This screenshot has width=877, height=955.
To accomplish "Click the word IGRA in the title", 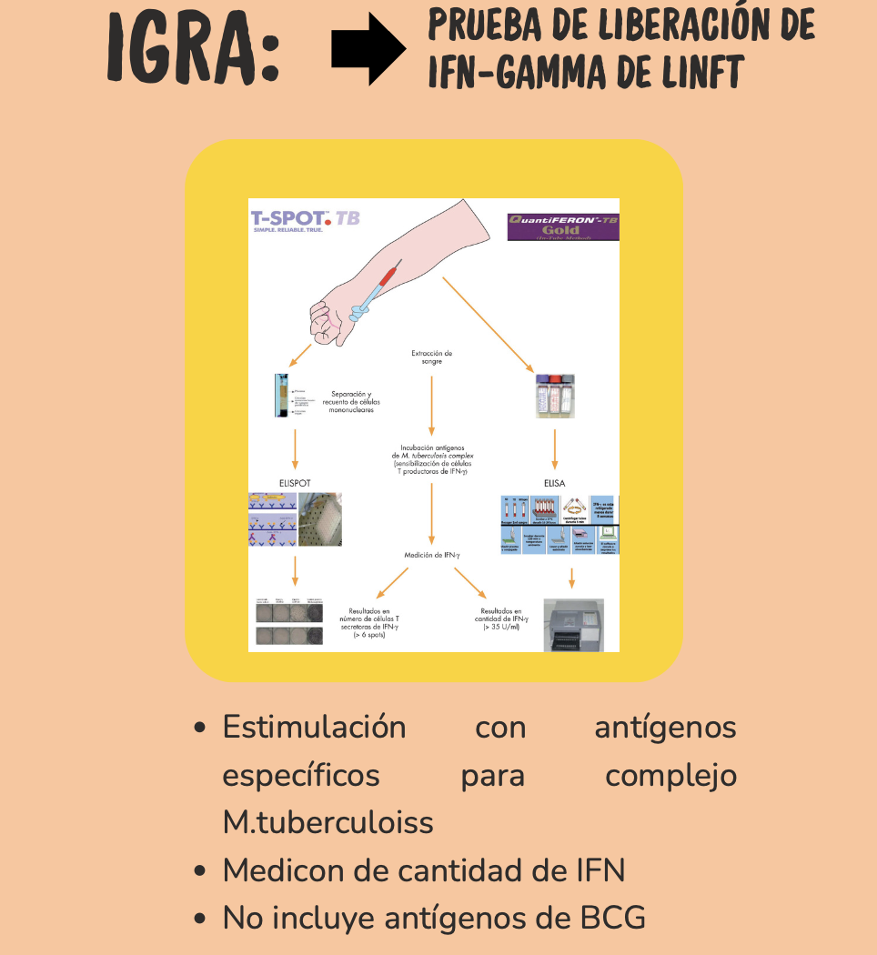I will [190, 49].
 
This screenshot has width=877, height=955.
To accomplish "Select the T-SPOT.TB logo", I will [293, 221].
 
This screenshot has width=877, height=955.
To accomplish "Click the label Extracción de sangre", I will [431, 357].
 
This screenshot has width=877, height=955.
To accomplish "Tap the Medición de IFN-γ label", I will [431, 555].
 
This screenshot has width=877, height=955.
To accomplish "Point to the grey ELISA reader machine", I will [574, 625].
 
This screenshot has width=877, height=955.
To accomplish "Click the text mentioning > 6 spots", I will [368, 623].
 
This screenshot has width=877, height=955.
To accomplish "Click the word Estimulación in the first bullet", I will [315, 728].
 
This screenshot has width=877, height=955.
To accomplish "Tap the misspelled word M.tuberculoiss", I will [328, 822].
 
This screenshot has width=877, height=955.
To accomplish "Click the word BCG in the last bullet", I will [613, 918].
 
